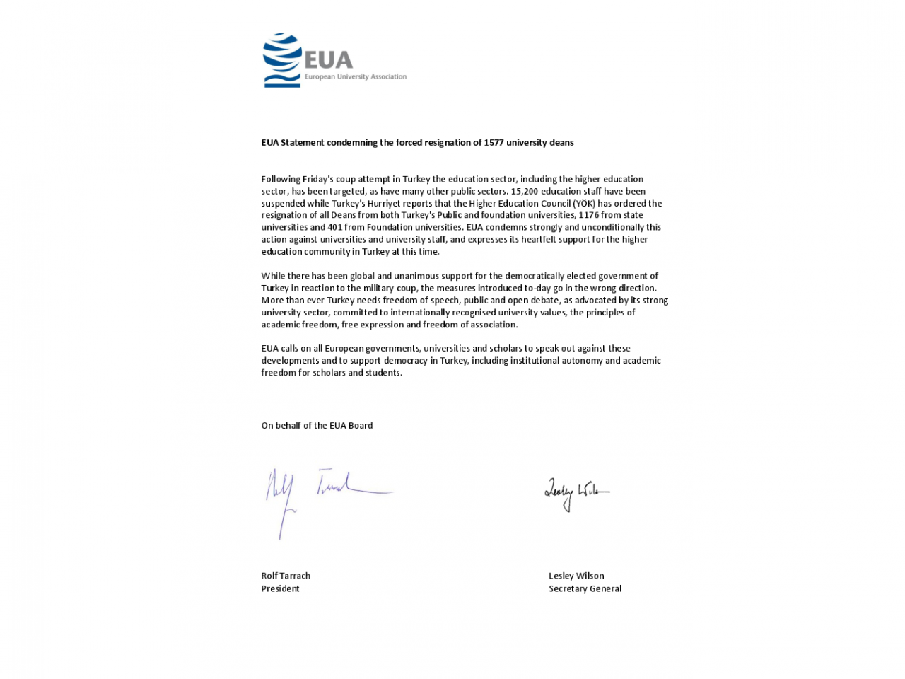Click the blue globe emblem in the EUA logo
[281, 60]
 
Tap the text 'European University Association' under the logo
[356, 76]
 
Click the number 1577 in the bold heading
[494, 142]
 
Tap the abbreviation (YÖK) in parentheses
[584, 203]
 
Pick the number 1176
[589, 215]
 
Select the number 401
[336, 227]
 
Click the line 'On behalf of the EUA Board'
[317, 425]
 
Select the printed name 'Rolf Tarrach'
[286, 576]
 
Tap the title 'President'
[280, 588]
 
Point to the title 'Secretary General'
[585, 588]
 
